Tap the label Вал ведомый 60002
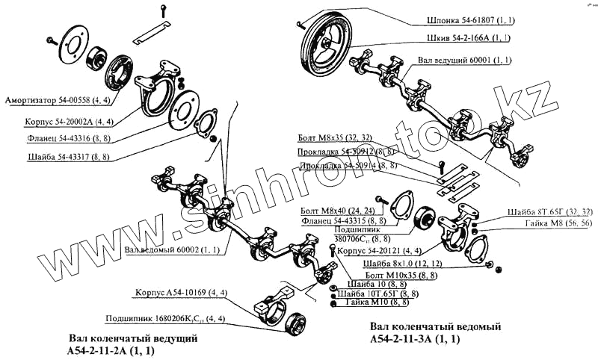point(172,249)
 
